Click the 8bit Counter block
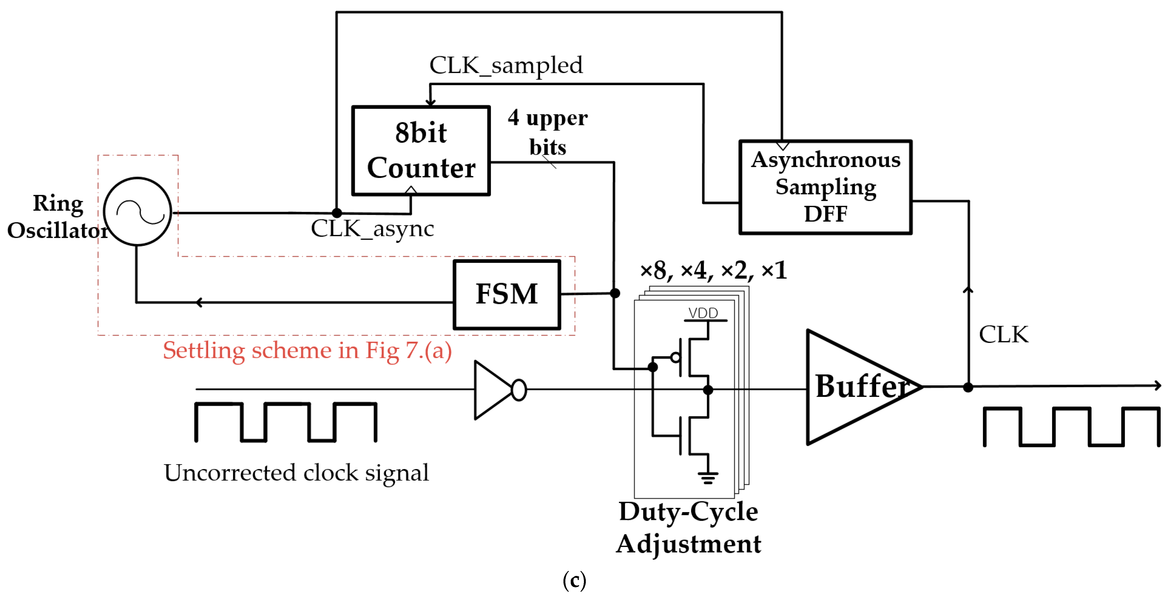tap(421, 151)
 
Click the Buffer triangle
tap(854, 387)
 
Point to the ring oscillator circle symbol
tap(137, 212)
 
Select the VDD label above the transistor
tap(703, 313)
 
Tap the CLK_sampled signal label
tap(506, 66)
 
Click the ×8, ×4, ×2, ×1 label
tap(713, 271)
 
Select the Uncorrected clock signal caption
tap(296, 473)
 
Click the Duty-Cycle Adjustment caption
tap(688, 527)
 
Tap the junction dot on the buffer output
tap(968, 387)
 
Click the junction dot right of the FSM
tap(615, 293)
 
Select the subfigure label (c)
tap(574, 581)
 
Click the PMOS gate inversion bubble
tap(675, 358)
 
